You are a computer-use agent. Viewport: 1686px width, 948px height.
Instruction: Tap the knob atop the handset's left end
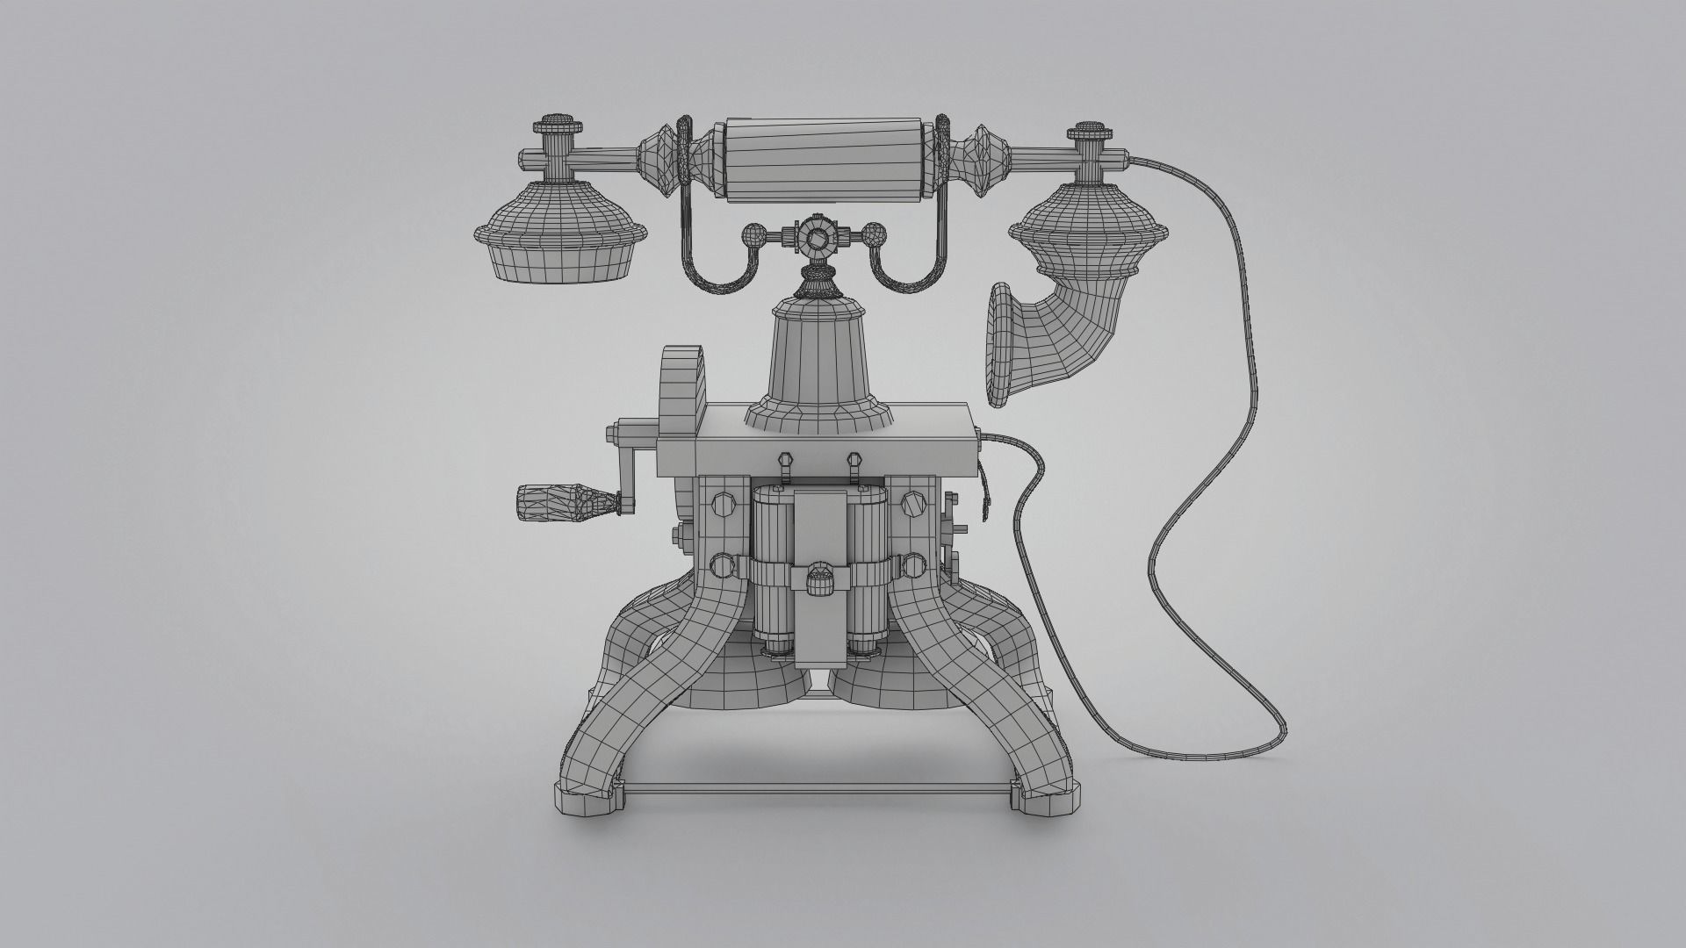click(556, 123)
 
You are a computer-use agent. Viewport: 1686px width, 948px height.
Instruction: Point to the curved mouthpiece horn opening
click(1000, 344)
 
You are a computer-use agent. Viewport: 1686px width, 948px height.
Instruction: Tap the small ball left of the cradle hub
click(754, 236)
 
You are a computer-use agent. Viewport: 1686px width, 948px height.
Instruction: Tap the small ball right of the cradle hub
click(872, 235)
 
